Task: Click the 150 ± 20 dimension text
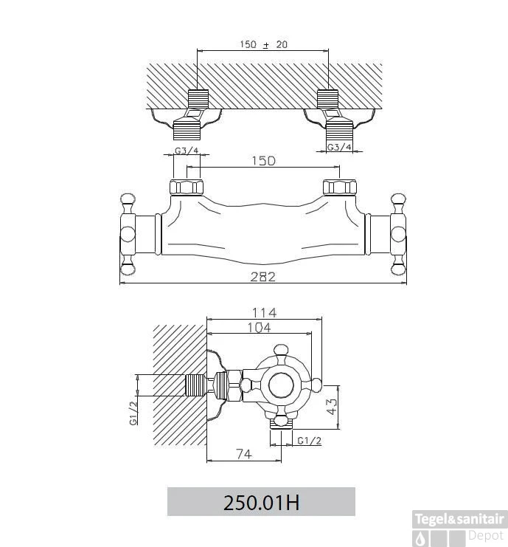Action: pyautogui.click(x=263, y=44)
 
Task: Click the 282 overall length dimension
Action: pyautogui.click(x=263, y=277)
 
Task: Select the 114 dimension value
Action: pyautogui.click(x=264, y=312)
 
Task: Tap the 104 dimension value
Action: pyautogui.click(x=259, y=328)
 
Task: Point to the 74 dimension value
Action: pyautogui.click(x=244, y=454)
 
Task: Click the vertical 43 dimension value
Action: pyautogui.click(x=333, y=407)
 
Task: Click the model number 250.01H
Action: pyautogui.click(x=261, y=503)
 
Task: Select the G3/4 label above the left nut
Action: pyautogui.click(x=187, y=151)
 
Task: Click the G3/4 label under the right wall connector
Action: pyautogui.click(x=339, y=147)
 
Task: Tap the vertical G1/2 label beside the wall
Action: pyautogui.click(x=133, y=413)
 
